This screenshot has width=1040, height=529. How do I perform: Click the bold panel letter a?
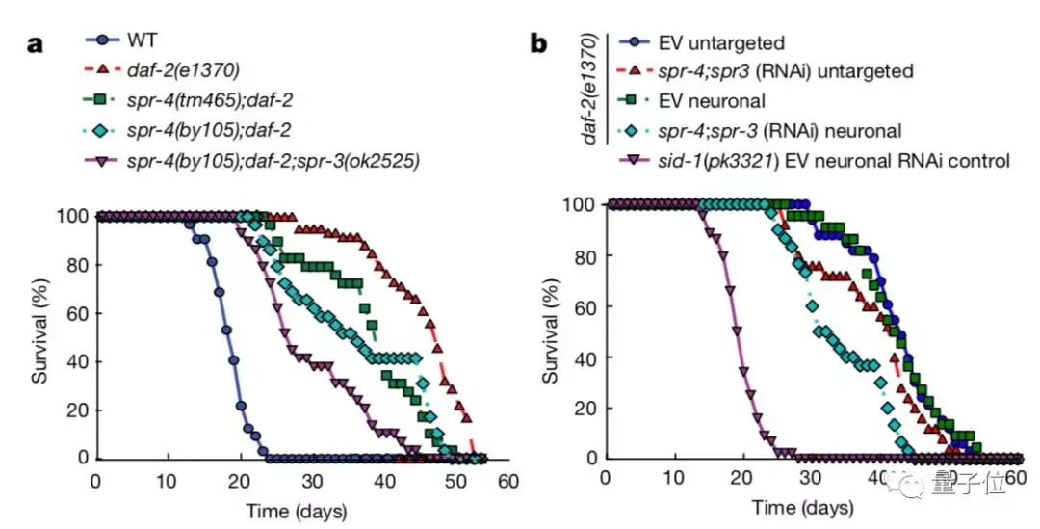point(35,44)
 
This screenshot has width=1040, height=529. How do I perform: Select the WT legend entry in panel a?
point(142,40)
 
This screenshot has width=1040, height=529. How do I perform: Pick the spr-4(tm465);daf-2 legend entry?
point(220,100)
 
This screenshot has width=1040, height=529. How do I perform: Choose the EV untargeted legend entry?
point(721,42)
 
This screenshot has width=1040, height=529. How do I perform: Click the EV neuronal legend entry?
point(712,101)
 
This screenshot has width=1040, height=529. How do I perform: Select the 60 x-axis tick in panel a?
point(507,482)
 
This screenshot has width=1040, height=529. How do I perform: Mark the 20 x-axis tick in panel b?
point(741,481)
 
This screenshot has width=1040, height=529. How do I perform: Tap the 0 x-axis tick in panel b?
point(604,481)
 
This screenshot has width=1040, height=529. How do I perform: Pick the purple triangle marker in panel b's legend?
point(630,160)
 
